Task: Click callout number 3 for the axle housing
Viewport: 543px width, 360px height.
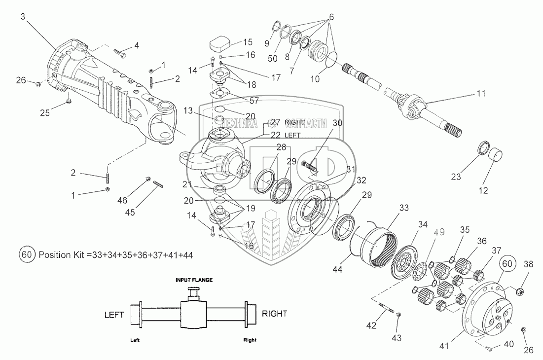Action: click(23, 16)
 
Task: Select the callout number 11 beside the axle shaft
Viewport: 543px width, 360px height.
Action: click(480, 93)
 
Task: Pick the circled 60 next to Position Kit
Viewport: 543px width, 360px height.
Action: click(27, 255)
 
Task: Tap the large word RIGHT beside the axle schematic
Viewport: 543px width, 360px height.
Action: click(274, 313)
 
